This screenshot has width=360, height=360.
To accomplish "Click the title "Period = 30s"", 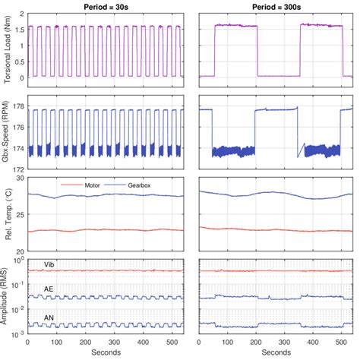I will click(x=105, y=5).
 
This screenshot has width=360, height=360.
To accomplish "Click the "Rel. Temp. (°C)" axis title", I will click(x=7, y=215).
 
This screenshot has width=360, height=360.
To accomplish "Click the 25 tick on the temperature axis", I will click(x=21, y=214).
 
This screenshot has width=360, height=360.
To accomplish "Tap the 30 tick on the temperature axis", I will click(x=21, y=178).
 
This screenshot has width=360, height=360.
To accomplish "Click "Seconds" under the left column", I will click(x=105, y=352).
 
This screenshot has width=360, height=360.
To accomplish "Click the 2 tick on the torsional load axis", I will click(x=23, y=14).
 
